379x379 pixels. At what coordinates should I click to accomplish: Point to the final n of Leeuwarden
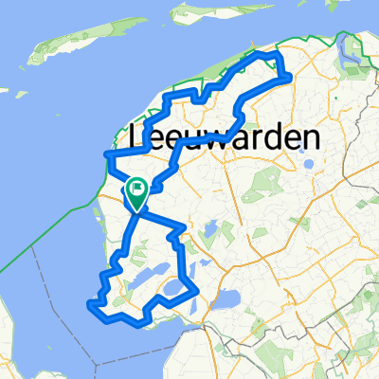point(308,138)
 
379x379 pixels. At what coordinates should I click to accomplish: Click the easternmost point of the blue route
point(288,79)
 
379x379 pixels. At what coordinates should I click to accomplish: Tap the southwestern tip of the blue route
point(91,304)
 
